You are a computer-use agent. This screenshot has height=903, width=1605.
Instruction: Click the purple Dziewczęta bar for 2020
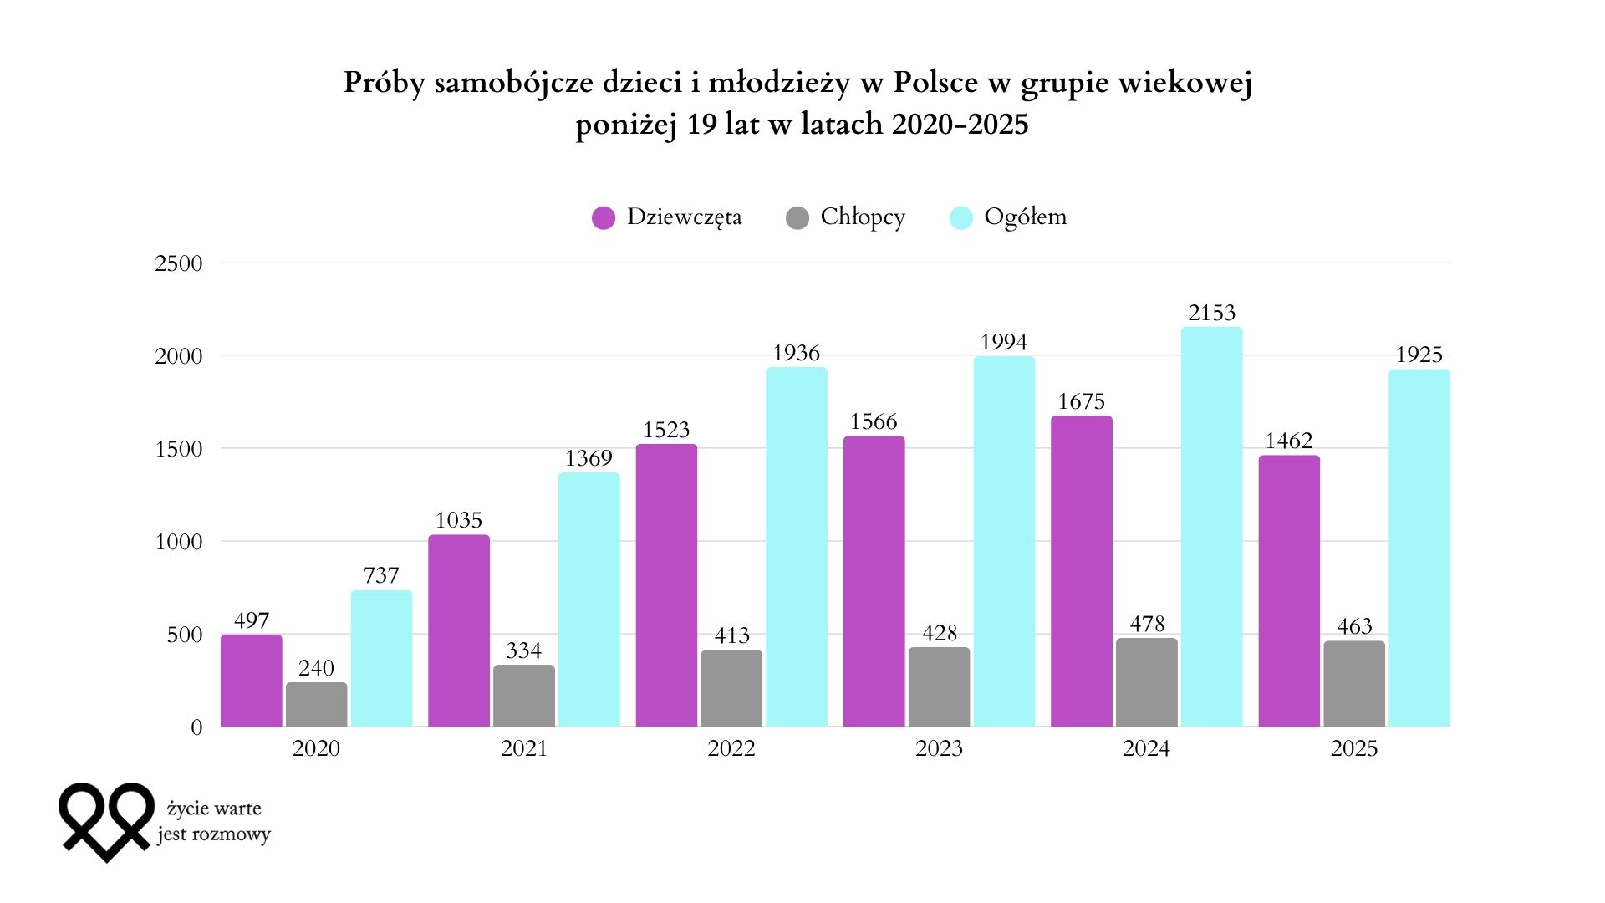251,681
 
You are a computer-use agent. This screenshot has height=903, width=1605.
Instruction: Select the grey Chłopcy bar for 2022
731,689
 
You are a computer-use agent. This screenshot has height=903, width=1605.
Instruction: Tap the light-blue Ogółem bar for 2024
1211,527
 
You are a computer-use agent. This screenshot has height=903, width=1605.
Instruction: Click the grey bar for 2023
939,687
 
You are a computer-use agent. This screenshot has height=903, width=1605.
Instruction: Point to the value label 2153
1211,313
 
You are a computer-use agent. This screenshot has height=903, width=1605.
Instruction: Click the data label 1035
458,520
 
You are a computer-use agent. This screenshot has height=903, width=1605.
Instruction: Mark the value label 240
316,668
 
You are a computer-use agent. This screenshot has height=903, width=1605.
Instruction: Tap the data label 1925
1419,355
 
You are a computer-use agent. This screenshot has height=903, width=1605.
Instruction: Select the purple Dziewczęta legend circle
604,217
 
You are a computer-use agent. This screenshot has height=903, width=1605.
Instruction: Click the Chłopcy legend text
863,217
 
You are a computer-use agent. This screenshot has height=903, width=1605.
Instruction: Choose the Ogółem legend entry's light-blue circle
961,217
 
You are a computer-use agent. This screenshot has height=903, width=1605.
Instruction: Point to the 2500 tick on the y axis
179,263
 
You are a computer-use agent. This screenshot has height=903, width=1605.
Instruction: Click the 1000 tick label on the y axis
179,542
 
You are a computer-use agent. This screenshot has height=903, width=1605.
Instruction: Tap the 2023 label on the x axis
939,748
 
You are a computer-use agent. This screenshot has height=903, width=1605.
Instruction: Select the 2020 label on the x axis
316,748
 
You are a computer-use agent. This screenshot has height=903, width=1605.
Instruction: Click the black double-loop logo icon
107,820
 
